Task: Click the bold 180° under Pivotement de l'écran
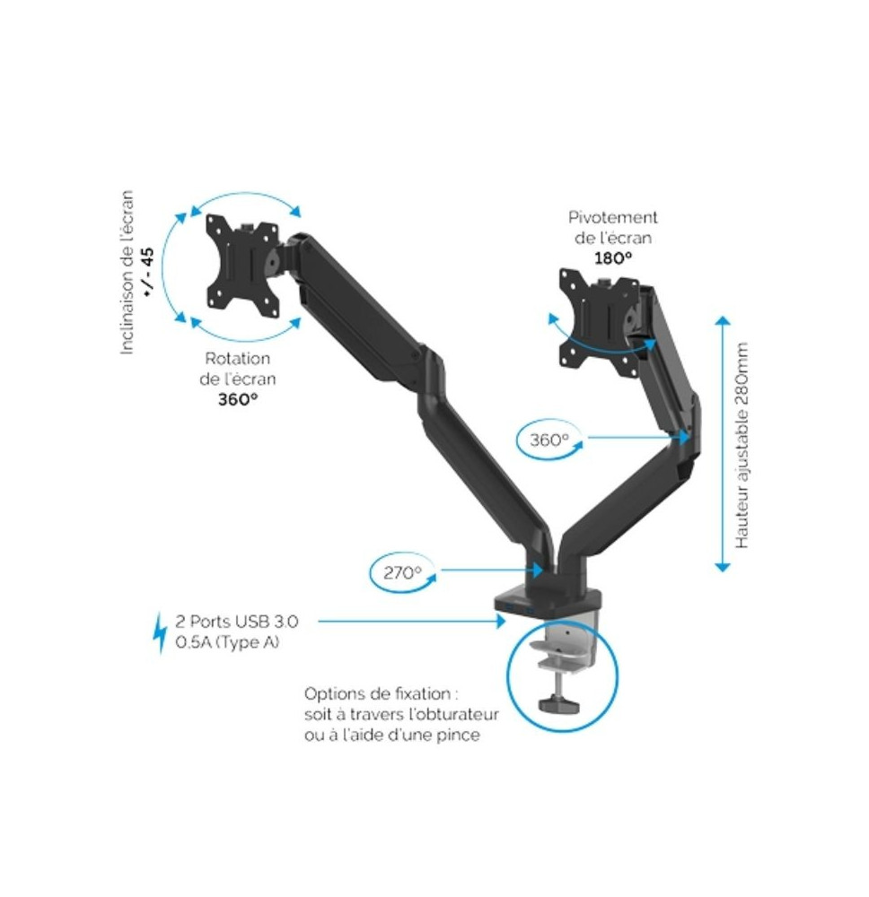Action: click(x=613, y=258)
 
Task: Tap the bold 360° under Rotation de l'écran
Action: click(x=238, y=399)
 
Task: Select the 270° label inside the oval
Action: click(x=402, y=572)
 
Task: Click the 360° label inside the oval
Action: click(x=549, y=440)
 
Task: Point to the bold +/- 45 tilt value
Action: click(x=148, y=273)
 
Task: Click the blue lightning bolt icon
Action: click(x=161, y=632)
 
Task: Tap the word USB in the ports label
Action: click(x=253, y=622)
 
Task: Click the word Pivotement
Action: click(x=613, y=217)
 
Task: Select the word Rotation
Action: click(x=238, y=359)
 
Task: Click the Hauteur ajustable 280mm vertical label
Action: click(x=742, y=446)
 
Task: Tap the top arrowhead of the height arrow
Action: click(x=723, y=321)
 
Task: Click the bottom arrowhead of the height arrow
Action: click(x=723, y=567)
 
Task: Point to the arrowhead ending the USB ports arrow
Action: click(x=502, y=621)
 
